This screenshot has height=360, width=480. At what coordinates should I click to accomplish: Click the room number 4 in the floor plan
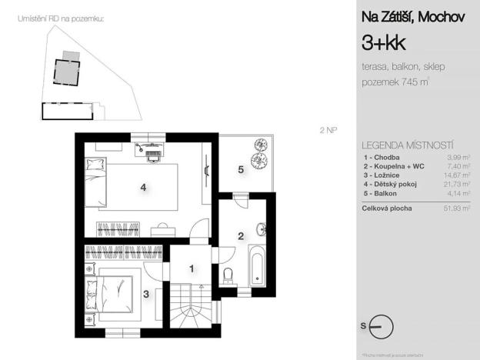point(143,186)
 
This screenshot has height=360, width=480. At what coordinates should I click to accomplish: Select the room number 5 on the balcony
point(241,169)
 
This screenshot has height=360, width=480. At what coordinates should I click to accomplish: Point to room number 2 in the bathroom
point(241,235)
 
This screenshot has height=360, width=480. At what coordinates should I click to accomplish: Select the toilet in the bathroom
point(227,276)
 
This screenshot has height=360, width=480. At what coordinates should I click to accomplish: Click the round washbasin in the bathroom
point(264,228)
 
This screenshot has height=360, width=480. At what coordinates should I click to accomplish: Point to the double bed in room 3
point(113,294)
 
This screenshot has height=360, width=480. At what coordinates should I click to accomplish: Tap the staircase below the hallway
point(194,312)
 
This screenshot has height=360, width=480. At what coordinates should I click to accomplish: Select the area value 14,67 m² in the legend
point(458,175)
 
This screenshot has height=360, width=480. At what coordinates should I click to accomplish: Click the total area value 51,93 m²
point(458,208)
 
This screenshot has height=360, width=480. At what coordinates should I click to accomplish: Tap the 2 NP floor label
point(328,130)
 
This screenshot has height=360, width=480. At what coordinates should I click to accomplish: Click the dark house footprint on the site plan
point(68,73)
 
